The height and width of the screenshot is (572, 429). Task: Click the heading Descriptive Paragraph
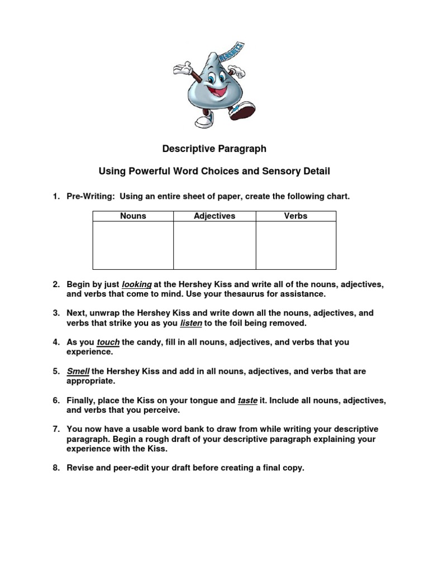pyautogui.click(x=214, y=149)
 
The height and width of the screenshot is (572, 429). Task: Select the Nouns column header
pyautogui.click(x=133, y=216)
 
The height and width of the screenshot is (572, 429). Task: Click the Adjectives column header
pyautogui.click(x=214, y=216)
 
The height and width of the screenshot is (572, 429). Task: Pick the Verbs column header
pyautogui.click(x=295, y=216)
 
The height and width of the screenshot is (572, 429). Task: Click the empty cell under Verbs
pyautogui.click(x=295, y=245)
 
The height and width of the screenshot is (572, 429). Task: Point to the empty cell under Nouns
pyautogui.click(x=133, y=245)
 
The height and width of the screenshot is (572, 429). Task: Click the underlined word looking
pyautogui.click(x=137, y=284)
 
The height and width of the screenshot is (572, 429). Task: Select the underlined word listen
pyautogui.click(x=191, y=323)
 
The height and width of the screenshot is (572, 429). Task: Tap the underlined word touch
pyautogui.click(x=108, y=342)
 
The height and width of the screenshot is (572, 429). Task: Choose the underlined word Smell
pyautogui.click(x=78, y=371)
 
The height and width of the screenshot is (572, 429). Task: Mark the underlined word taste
pyautogui.click(x=247, y=401)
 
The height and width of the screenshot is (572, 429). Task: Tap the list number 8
pyautogui.click(x=56, y=468)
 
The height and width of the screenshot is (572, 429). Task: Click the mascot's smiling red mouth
pyautogui.click(x=217, y=90)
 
